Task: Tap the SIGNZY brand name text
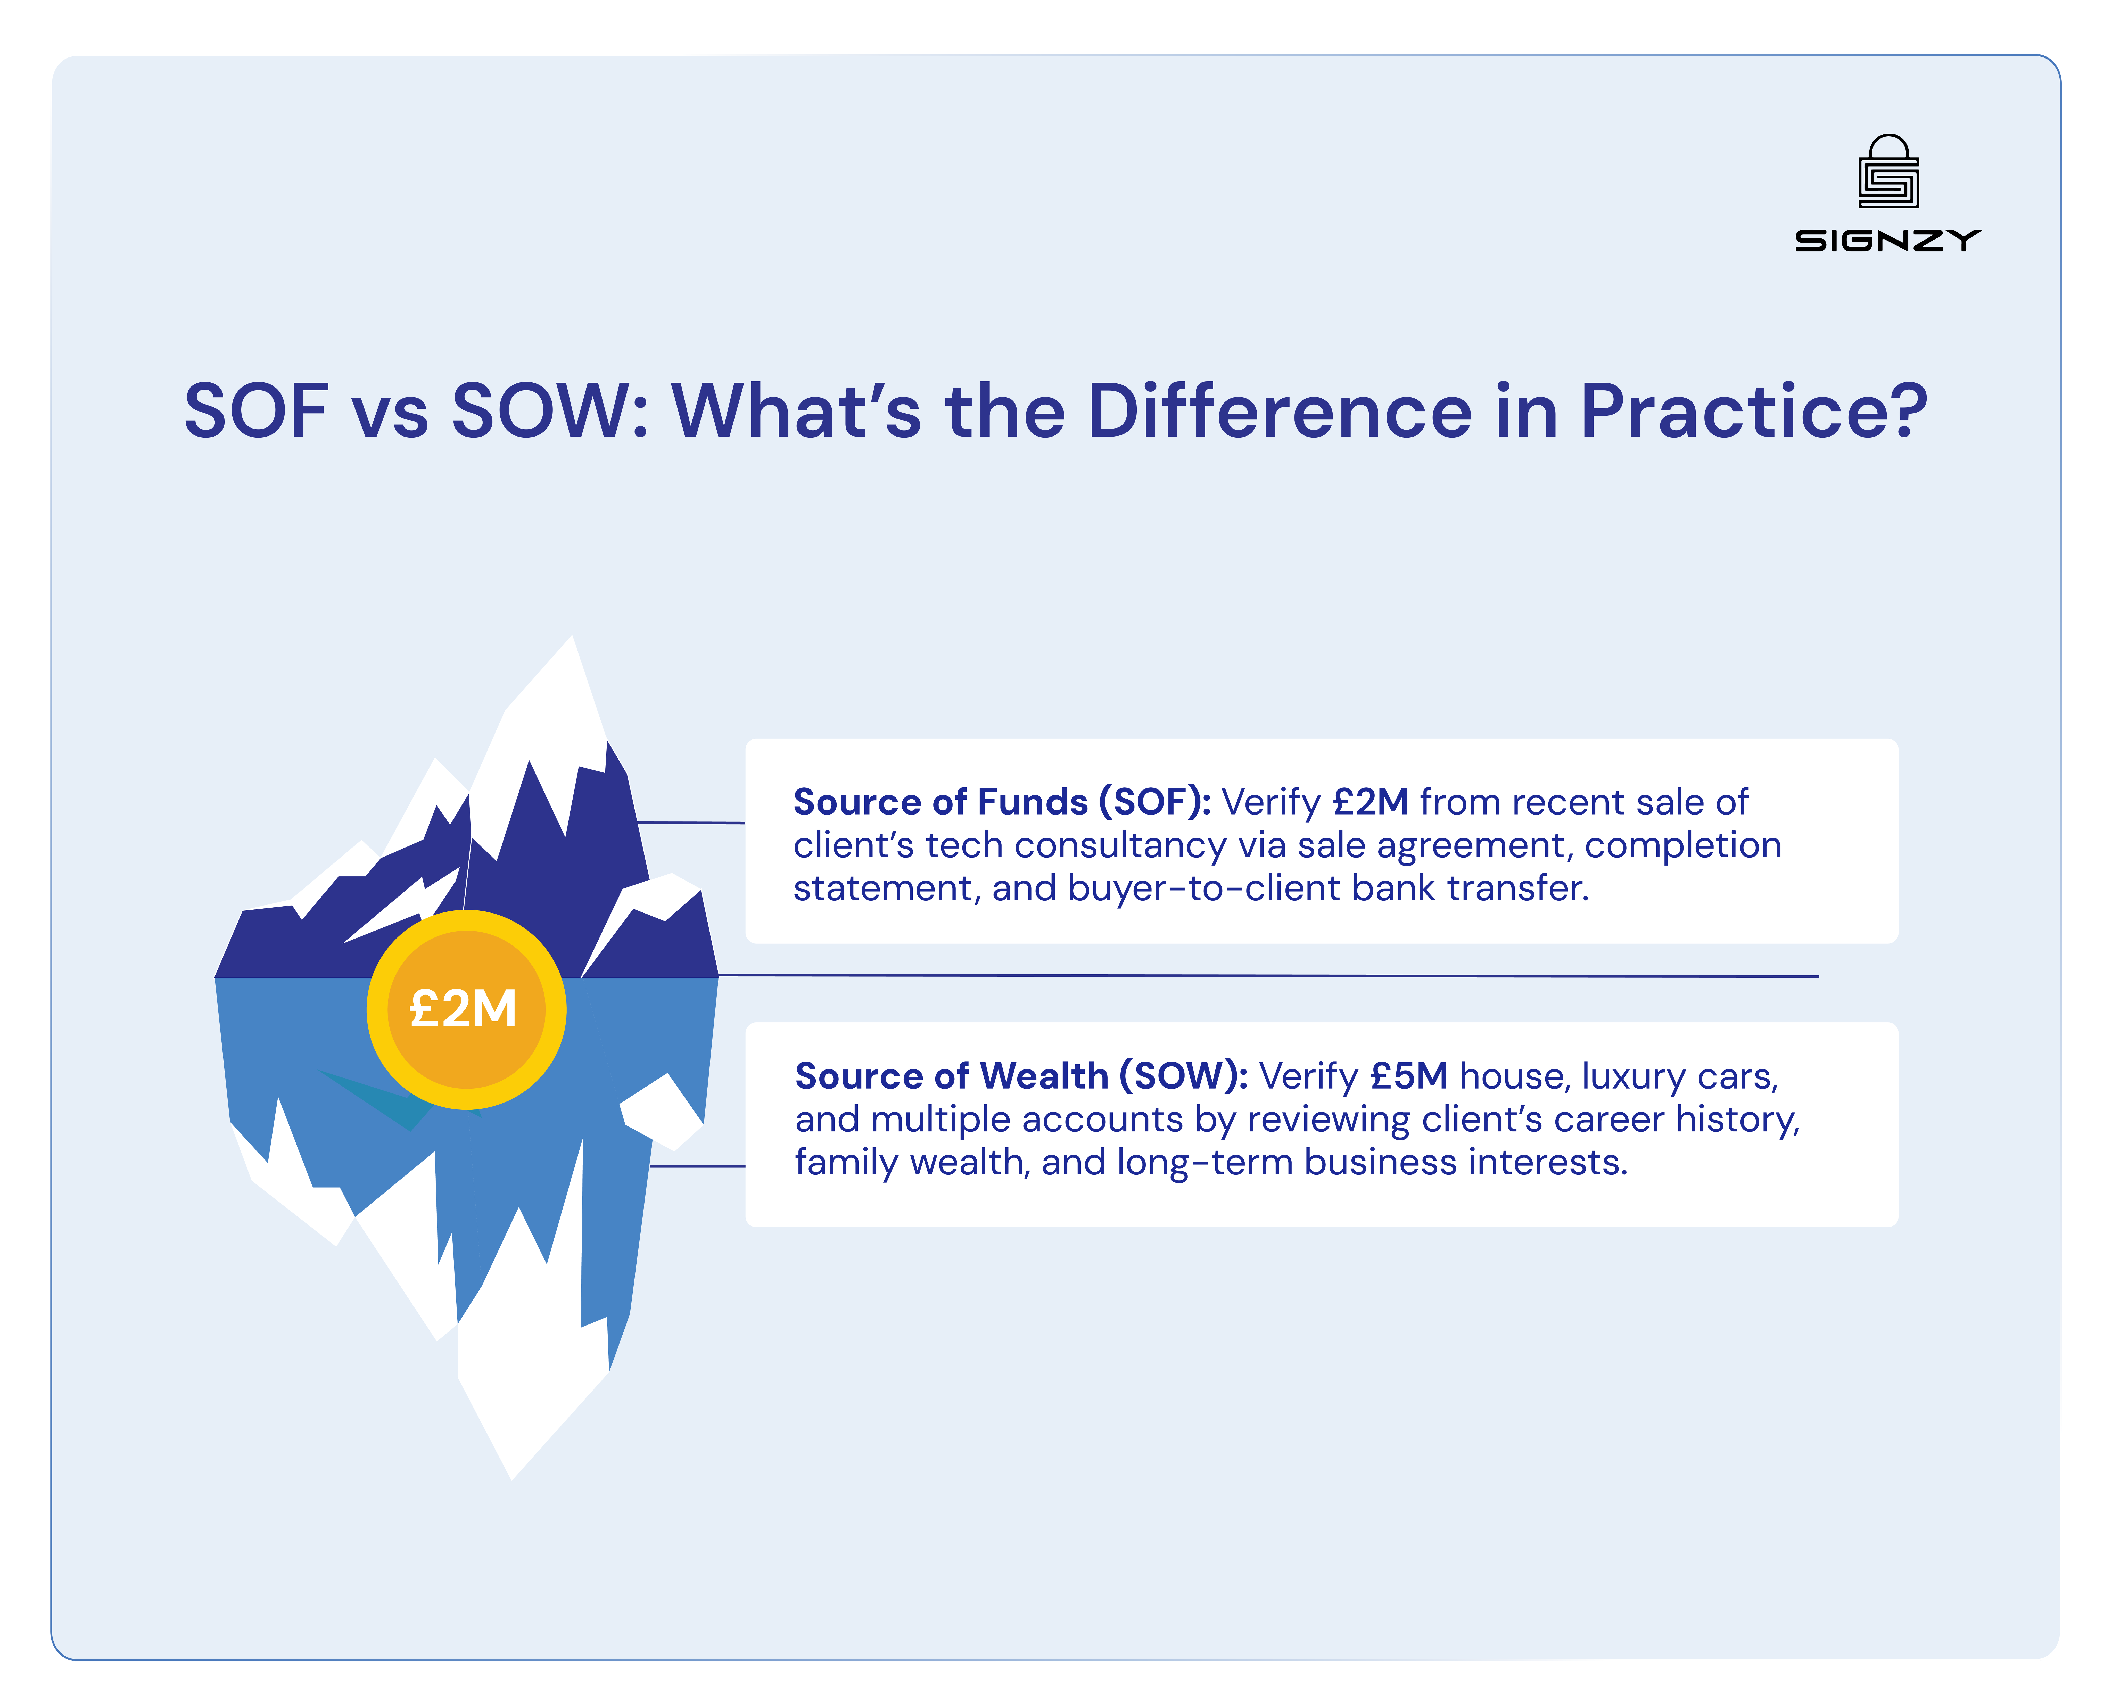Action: coord(1887,240)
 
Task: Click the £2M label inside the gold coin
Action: coord(463,1008)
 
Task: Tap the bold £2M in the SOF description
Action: coord(1370,802)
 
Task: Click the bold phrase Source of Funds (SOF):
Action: coord(1002,802)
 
